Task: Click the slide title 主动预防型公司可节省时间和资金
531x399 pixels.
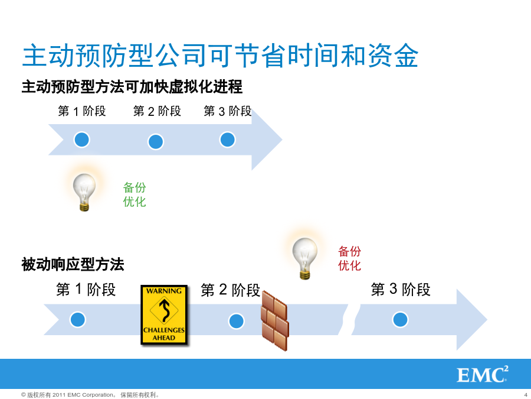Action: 221,56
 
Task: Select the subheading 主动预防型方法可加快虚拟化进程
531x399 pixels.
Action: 132,86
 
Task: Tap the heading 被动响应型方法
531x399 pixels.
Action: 73,264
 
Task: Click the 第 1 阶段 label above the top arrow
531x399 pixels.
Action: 82,111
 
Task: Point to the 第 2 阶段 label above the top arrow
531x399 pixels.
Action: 157,111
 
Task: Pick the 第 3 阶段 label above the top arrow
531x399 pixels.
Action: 228,111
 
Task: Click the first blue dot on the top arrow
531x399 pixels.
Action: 81,140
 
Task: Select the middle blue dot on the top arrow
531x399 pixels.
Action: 156,142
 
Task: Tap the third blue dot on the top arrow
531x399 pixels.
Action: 228,140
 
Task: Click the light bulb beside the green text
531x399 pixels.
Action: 84,192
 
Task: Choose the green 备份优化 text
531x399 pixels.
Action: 135,194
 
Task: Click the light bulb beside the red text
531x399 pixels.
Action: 305,258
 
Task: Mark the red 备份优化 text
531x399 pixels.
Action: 349,258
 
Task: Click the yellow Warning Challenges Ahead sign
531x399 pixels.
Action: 164,315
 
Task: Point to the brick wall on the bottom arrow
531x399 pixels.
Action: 274,320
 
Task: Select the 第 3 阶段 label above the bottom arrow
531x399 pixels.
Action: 401,290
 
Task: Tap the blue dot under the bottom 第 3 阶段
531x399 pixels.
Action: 400,320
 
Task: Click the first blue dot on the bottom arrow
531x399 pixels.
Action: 77,320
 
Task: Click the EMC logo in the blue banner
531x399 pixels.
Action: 483,374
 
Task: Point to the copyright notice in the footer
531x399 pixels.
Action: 90,395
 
